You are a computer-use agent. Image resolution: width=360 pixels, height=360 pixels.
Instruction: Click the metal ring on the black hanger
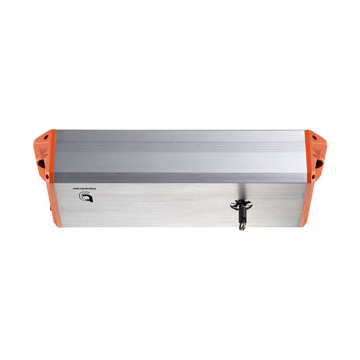[242, 226]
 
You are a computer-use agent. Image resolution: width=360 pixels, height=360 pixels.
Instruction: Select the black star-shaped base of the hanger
[241, 205]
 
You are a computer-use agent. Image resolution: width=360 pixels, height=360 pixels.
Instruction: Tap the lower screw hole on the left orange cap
[47, 177]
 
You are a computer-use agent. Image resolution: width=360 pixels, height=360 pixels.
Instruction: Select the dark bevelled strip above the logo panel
[180, 177]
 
